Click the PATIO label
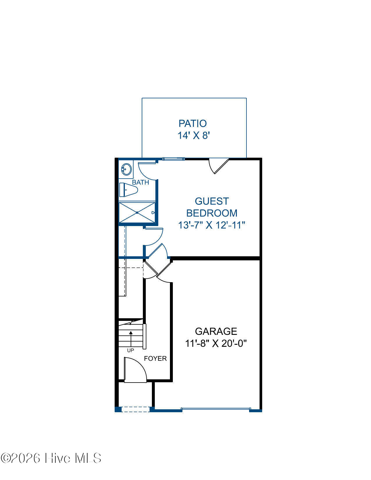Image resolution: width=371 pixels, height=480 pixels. pyautogui.click(x=193, y=123)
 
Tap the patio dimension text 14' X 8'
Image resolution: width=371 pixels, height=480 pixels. pyautogui.click(x=194, y=135)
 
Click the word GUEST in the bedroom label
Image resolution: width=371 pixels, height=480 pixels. pyautogui.click(x=212, y=201)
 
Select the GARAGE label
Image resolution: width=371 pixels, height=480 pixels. pyautogui.click(x=216, y=331)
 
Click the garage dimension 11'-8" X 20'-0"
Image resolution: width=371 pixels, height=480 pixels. pyautogui.click(x=216, y=344)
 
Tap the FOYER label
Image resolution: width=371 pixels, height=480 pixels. pyautogui.click(x=155, y=358)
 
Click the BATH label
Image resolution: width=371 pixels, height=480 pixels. pyautogui.click(x=141, y=182)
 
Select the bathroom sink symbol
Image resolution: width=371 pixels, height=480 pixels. pyautogui.click(x=126, y=169)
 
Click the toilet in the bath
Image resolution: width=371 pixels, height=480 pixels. pyautogui.click(x=128, y=190)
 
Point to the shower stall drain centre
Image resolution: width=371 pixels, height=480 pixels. pyautogui.click(x=137, y=213)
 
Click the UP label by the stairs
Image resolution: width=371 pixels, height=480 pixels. pyautogui.click(x=130, y=351)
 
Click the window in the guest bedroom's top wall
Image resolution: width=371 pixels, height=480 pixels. pyautogui.click(x=173, y=159)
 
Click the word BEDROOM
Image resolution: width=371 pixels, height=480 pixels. pyautogui.click(x=212, y=213)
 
